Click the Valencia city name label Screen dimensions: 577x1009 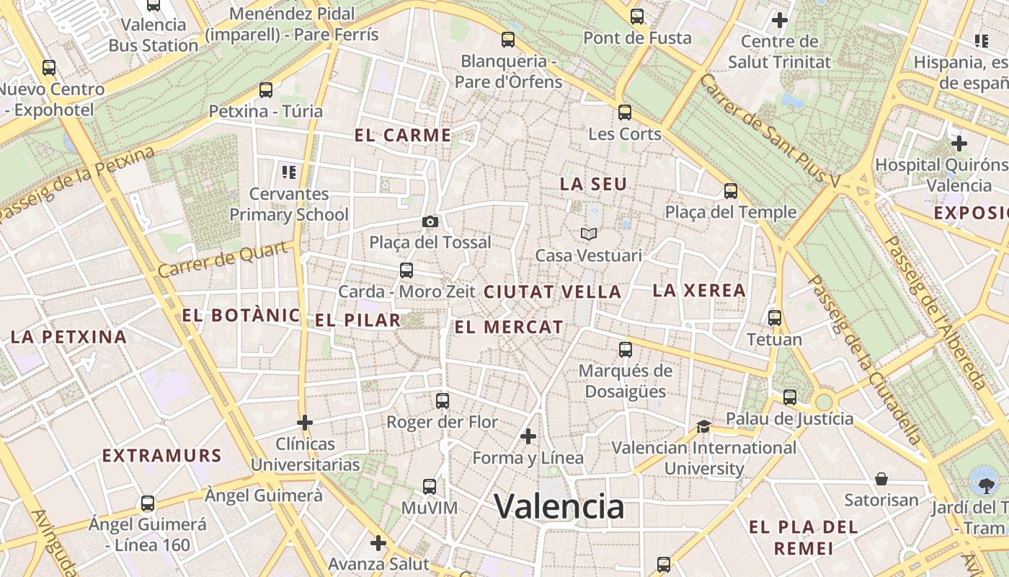(559, 506)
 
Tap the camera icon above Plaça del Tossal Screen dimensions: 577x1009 (430, 221)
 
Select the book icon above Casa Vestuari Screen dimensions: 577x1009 (589, 234)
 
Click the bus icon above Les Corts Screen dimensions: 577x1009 (625, 113)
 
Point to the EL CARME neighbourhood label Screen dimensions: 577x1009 (403, 135)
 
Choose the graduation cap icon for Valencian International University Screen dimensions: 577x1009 (703, 427)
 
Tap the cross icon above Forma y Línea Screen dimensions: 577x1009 (528, 436)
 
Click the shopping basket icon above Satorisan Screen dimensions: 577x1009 (881, 479)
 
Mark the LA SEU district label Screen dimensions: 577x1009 (593, 184)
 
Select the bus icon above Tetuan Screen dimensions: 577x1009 (775, 317)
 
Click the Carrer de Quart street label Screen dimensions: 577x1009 (226, 260)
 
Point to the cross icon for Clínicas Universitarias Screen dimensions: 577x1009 (305, 422)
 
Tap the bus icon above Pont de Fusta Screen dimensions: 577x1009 (637, 17)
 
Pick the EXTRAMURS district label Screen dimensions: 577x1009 (161, 456)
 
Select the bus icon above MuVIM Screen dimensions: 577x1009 (430, 487)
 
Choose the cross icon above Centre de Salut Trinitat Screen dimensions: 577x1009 (779, 20)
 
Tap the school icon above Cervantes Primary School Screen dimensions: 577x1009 (289, 172)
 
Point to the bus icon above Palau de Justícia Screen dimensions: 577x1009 (790, 397)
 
